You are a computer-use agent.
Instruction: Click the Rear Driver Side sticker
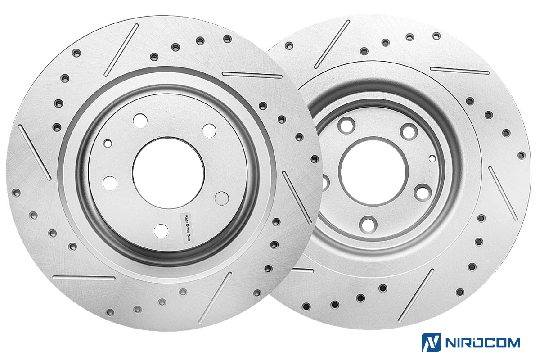(187, 227)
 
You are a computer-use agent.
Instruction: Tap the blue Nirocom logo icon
(431, 342)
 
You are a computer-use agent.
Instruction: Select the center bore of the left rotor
(168, 173)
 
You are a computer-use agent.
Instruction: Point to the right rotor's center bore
(373, 172)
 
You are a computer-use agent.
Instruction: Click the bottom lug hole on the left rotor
(161, 231)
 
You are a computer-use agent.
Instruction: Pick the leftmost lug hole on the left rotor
(110, 183)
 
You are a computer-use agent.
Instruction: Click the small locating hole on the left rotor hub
(108, 144)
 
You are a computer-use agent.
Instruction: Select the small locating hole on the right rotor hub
(432, 158)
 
